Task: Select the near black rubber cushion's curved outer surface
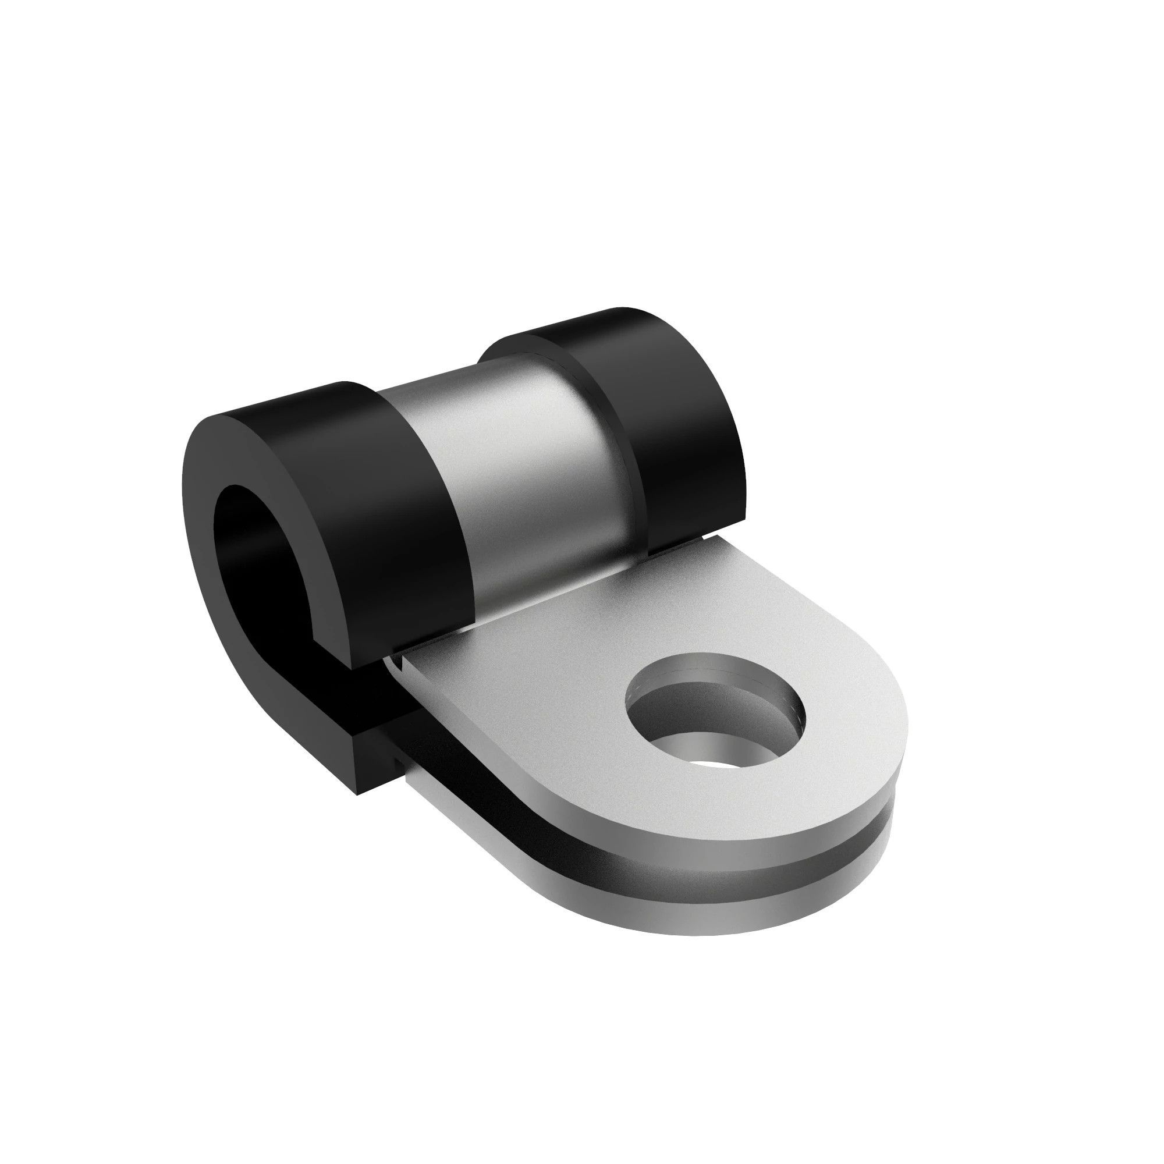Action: click(386, 482)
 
